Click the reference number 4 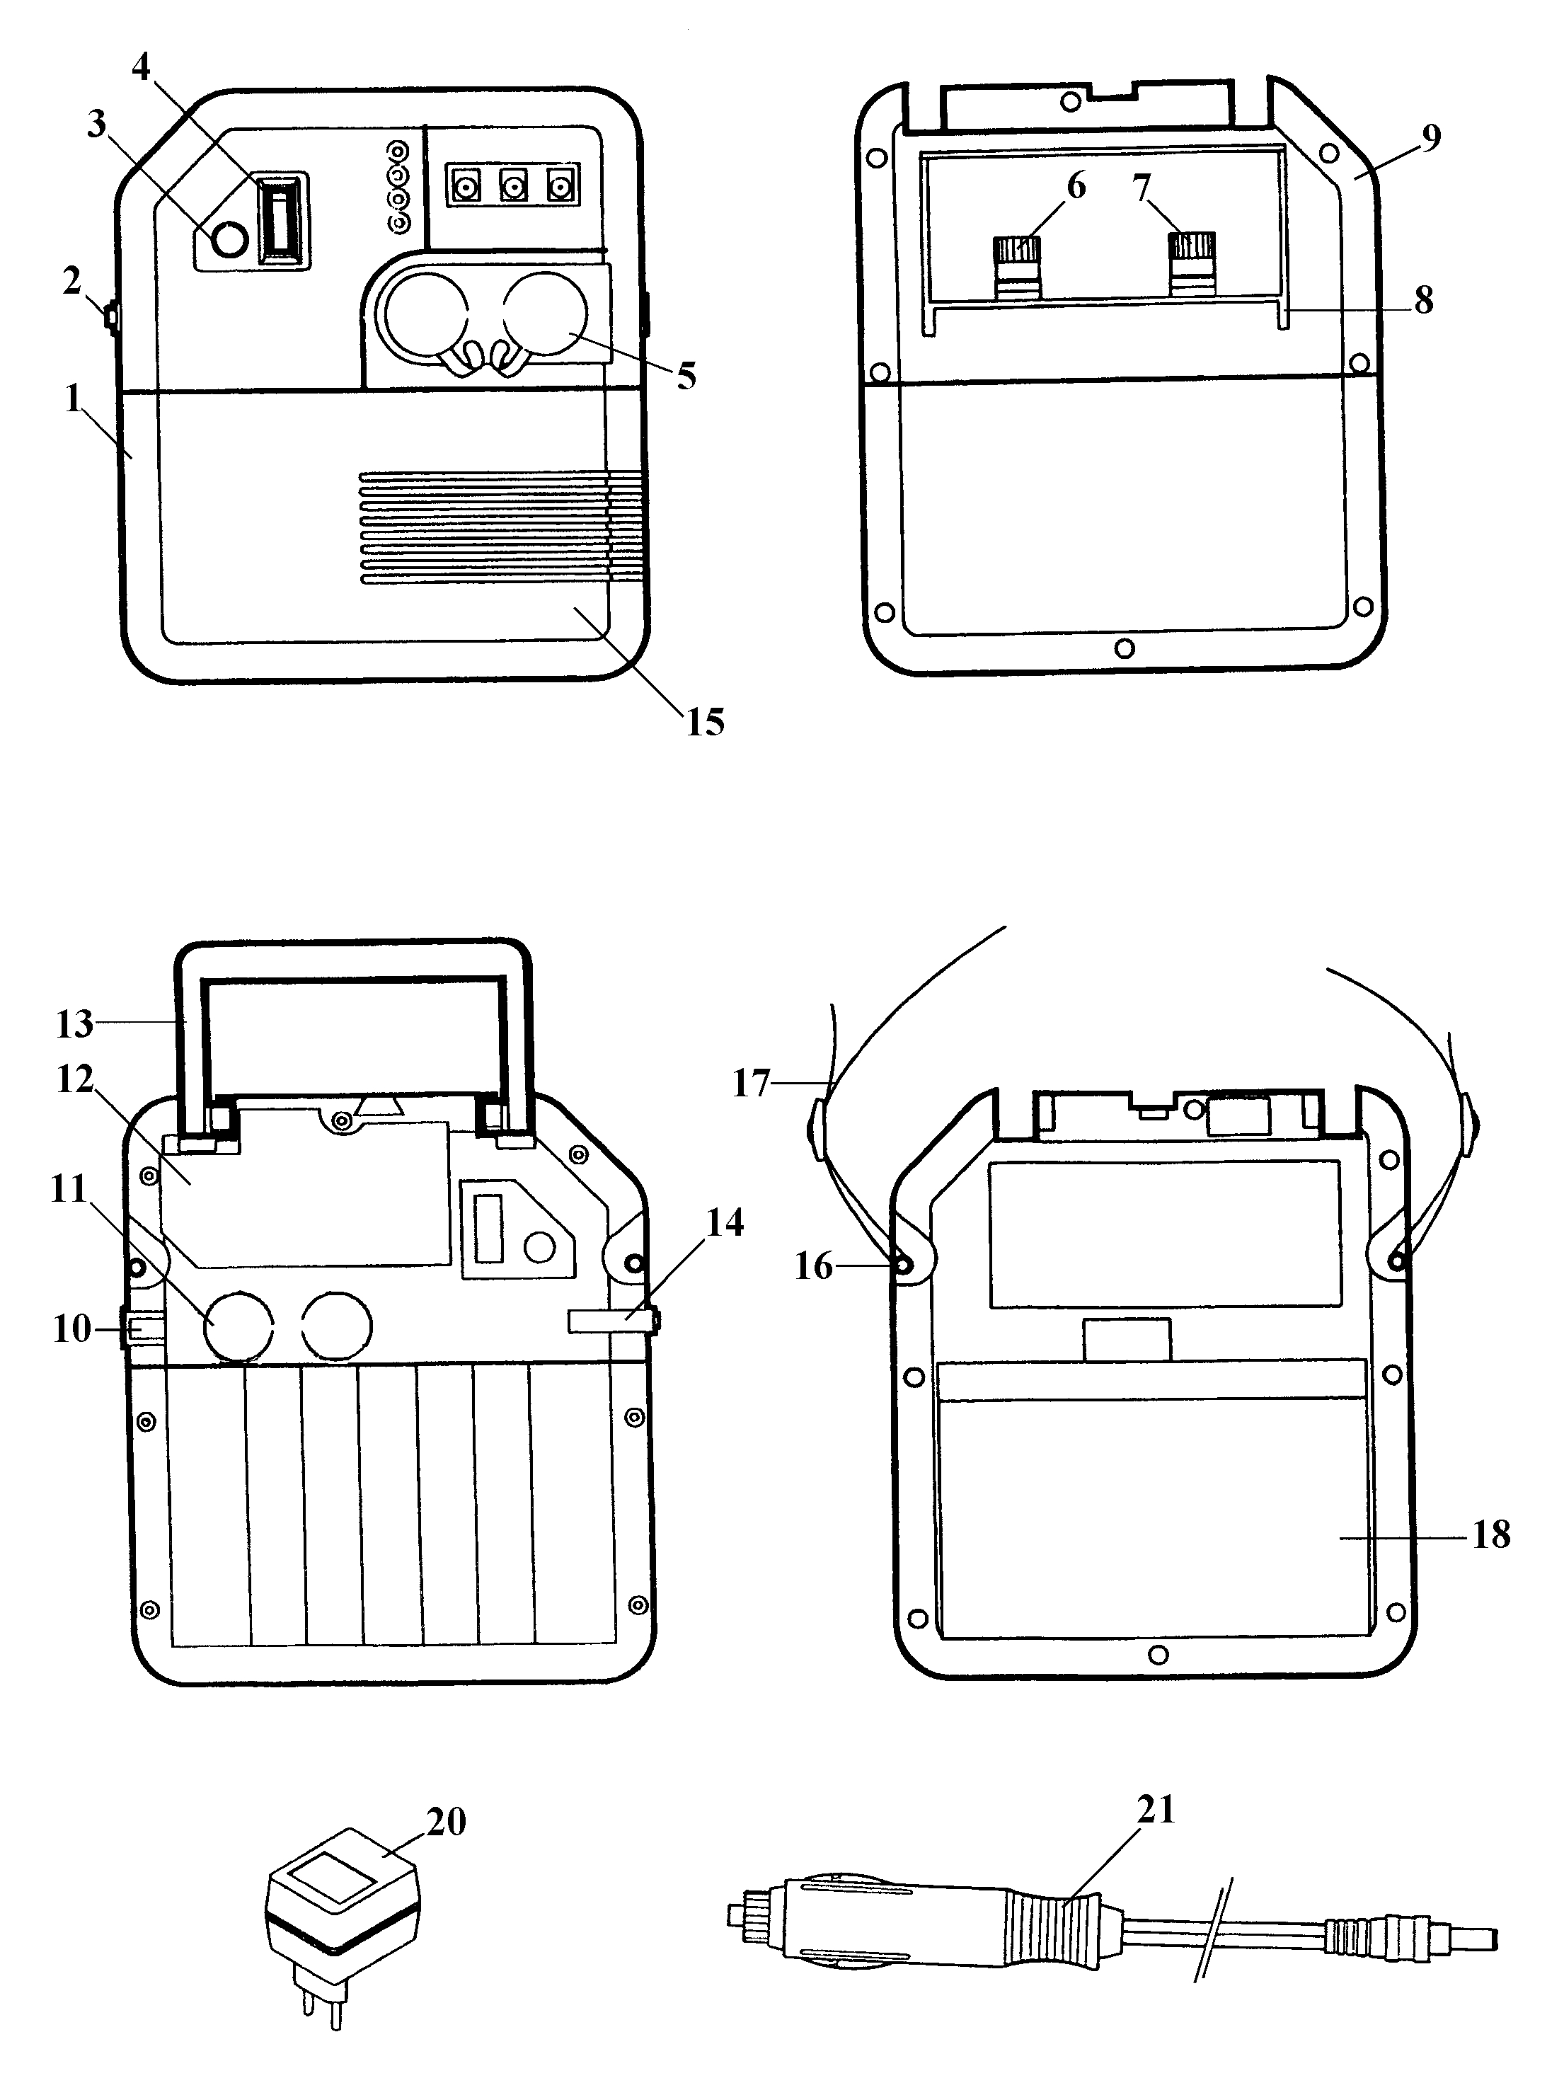click(x=141, y=68)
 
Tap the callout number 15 click(x=706, y=723)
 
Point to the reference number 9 click(x=1430, y=138)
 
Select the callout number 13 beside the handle click(x=74, y=1024)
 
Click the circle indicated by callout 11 click(x=239, y=1326)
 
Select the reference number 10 click(x=72, y=1329)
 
